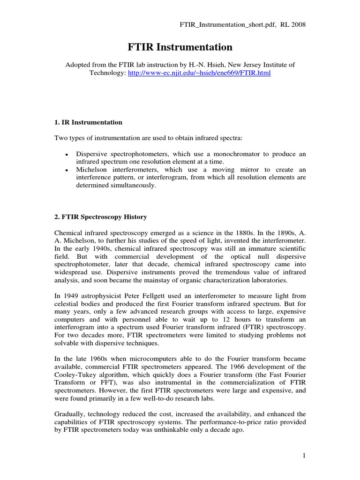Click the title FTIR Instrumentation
pos(180,47)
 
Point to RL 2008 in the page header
pos(293,24)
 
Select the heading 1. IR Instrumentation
pos(89,122)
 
